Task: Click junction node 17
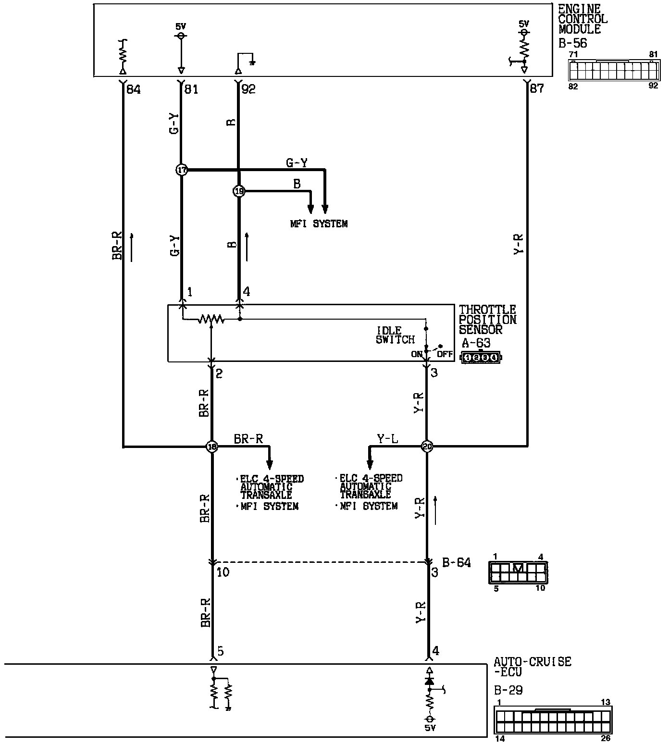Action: coord(182,170)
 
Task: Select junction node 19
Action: coord(239,191)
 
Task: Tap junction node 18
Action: coord(212,447)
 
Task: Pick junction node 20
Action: coord(427,447)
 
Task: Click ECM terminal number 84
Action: coord(133,89)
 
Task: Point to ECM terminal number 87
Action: coord(536,88)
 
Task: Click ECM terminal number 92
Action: coord(248,89)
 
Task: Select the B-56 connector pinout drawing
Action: coord(613,70)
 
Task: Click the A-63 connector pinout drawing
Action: coord(481,357)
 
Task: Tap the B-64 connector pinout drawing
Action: coord(518,572)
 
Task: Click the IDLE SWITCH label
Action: coord(395,335)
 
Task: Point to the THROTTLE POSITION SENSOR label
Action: coord(487,320)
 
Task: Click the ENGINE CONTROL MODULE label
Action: coord(582,19)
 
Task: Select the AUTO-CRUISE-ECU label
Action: coord(532,667)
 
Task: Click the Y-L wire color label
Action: coord(387,439)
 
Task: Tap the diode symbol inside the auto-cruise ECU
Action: coord(429,681)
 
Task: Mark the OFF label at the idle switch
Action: coord(445,354)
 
